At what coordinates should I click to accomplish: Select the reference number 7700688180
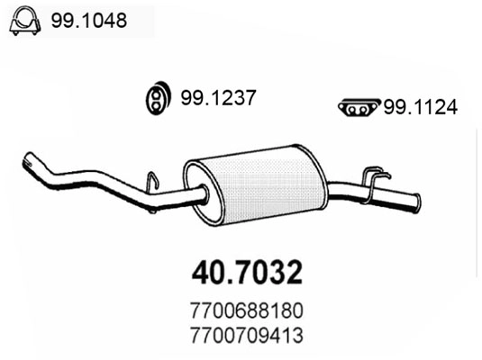pos(246,309)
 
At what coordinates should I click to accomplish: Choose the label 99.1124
pos(420,107)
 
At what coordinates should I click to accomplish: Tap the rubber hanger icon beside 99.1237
pos(159,98)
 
